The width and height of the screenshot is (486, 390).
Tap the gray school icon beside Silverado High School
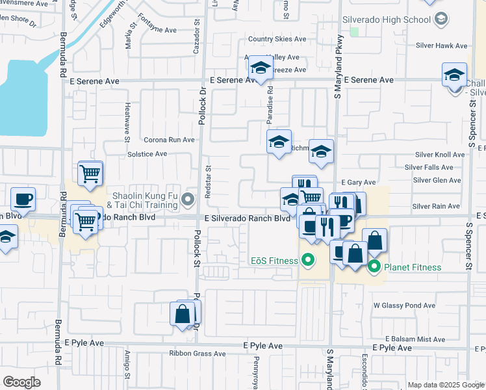[442, 19]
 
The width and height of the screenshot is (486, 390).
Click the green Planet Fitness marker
[374, 266]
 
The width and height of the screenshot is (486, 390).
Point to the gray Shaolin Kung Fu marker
[189, 199]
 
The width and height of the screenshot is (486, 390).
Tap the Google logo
[22, 382]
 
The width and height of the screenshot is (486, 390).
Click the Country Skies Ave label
[277, 39]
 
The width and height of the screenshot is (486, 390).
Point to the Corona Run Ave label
[169, 140]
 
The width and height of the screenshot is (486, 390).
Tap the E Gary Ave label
[359, 183]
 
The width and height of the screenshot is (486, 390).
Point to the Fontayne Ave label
[157, 30]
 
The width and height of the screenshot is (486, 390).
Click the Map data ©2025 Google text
[444, 385]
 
